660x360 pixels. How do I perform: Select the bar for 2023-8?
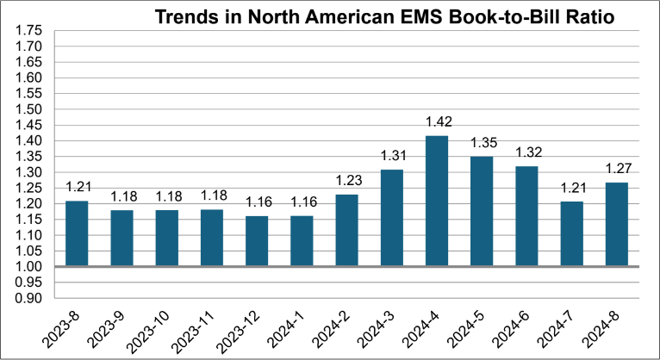coord(77,233)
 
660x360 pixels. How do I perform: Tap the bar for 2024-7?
coord(572,233)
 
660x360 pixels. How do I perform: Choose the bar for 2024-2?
coord(346,230)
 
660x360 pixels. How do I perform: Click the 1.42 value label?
coord(437,121)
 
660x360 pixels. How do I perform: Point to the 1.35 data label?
coord(482,143)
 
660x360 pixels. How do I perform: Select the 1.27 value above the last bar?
coord(617,169)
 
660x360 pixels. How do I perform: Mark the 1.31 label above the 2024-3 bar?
coord(392,156)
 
